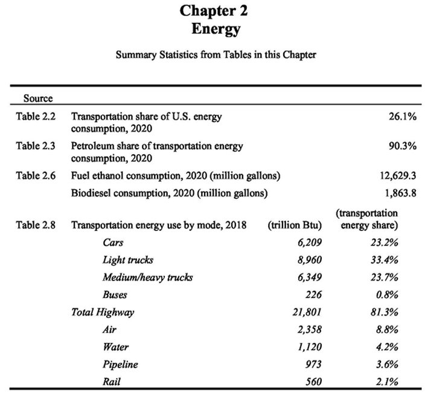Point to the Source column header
[x=38, y=98]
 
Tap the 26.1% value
[x=401, y=115]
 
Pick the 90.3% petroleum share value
[x=401, y=146]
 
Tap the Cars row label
[x=114, y=242]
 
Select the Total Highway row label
[x=102, y=312]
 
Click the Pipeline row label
[x=121, y=365]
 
